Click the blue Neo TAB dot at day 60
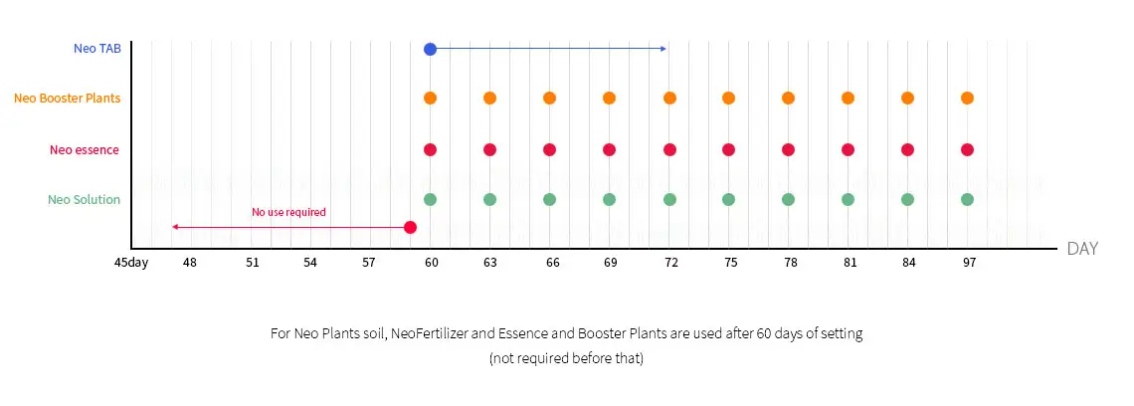coord(430,49)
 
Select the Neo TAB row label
coord(97,48)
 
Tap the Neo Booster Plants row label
coord(68,99)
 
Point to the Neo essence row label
coord(85,149)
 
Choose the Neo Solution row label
coord(85,199)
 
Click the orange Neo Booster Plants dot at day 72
coord(669,99)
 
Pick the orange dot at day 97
coord(967,99)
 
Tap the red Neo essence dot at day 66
coord(549,149)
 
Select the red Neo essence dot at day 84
coord(907,149)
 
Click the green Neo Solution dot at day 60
coord(430,199)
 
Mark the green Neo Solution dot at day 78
coord(788,199)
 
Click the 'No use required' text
coord(288,212)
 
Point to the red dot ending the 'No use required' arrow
coord(410,227)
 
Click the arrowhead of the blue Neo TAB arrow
coord(663,49)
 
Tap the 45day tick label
coord(130,263)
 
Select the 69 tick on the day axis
coord(610,263)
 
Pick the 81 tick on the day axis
coord(849,263)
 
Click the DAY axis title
coord(1082,249)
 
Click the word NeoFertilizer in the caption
coord(433,334)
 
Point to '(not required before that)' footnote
coord(566,358)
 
